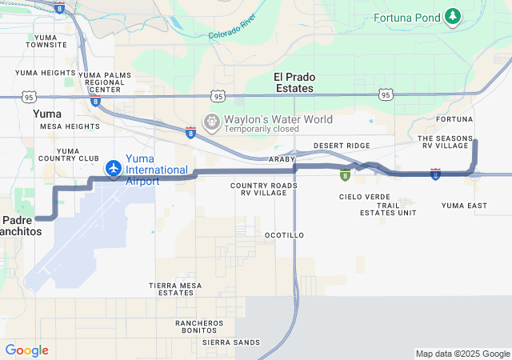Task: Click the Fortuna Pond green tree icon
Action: pyautogui.click(x=454, y=17)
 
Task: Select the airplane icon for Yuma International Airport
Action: pyautogui.click(x=114, y=169)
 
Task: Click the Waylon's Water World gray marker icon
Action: pyautogui.click(x=212, y=122)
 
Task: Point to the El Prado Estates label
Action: pyautogui.click(x=294, y=82)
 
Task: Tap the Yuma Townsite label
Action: pyautogui.click(x=46, y=41)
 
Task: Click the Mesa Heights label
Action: pyautogui.click(x=70, y=126)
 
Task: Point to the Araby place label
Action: pyautogui.click(x=282, y=159)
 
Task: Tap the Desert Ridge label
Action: pyautogui.click(x=342, y=146)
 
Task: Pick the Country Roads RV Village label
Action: pyautogui.click(x=263, y=190)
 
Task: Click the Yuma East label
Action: pyautogui.click(x=464, y=206)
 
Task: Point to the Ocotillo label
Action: pyautogui.click(x=284, y=235)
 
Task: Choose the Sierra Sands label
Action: pyautogui.click(x=231, y=342)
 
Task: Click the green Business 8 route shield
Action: pyautogui.click(x=345, y=175)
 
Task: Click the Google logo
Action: pyautogui.click(x=26, y=350)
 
